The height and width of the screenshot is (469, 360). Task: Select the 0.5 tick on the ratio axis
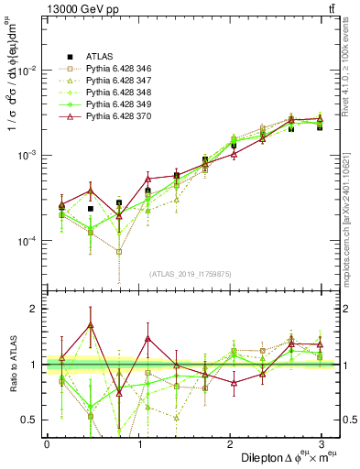[29, 420]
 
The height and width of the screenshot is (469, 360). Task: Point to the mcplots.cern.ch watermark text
[348, 211]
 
